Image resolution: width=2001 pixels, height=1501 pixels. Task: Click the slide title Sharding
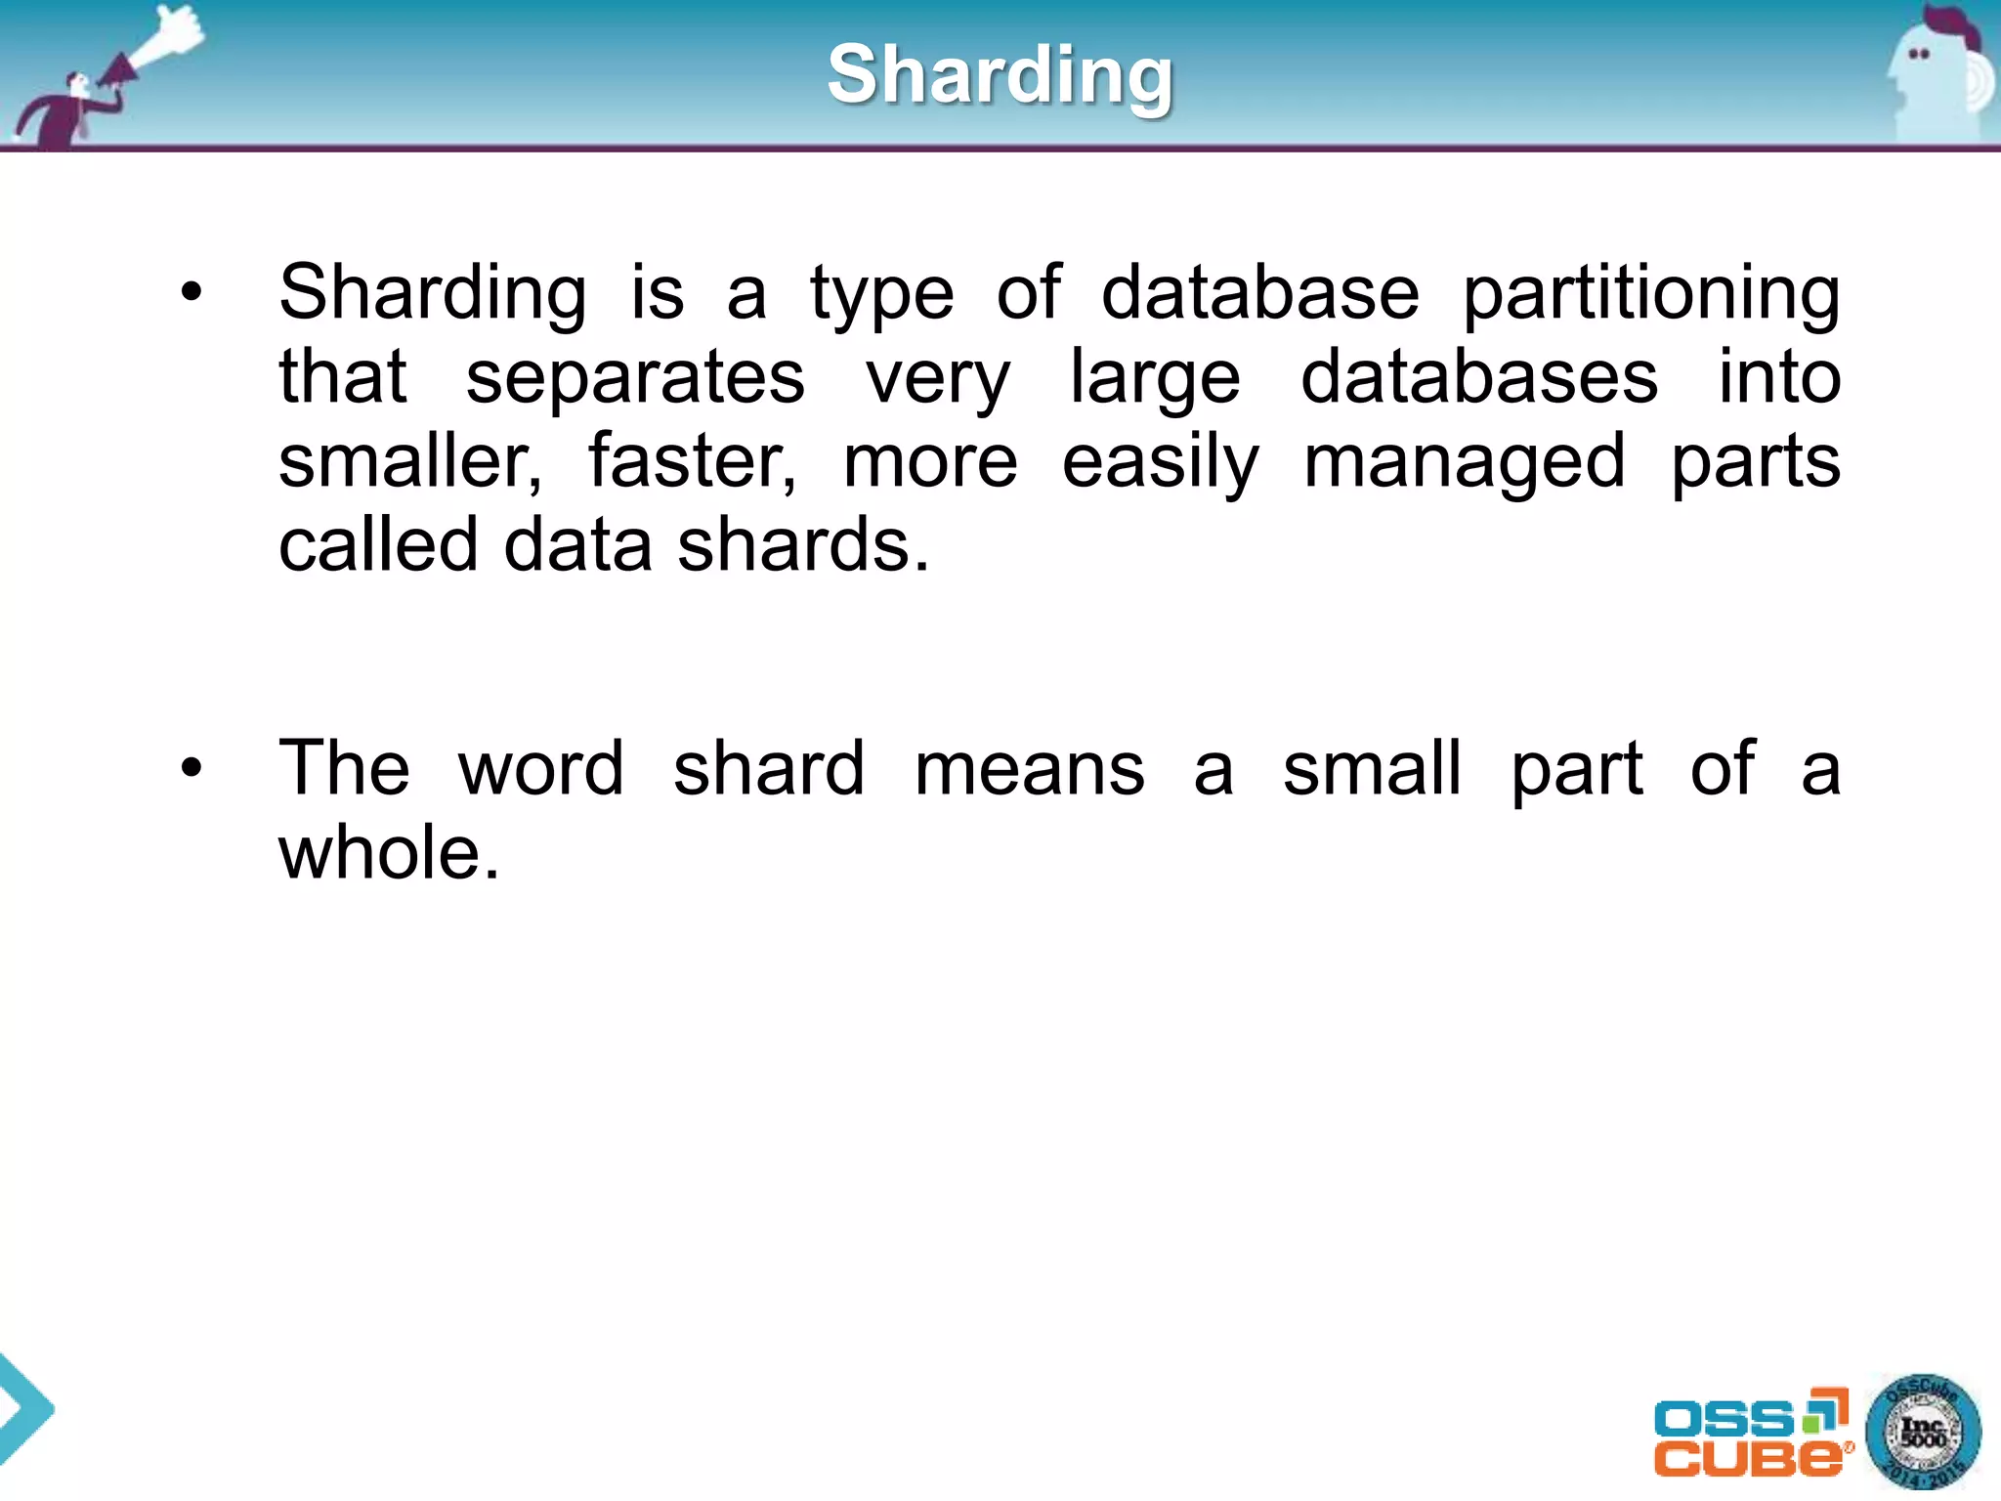coord(1000,75)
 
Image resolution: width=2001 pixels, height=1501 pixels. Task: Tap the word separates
coord(635,378)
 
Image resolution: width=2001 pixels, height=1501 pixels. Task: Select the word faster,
coord(692,461)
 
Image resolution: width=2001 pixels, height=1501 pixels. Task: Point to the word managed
coord(1465,463)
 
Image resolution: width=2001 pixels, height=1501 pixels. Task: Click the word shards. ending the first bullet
coord(803,545)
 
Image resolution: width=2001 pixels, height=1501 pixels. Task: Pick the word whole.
coord(389,852)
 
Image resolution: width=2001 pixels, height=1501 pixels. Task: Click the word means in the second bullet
coord(1029,769)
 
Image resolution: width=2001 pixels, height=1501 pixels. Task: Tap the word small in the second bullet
coord(1372,769)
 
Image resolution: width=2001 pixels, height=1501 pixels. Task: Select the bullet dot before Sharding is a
coord(192,292)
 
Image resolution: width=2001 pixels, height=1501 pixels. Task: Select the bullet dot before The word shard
coord(192,768)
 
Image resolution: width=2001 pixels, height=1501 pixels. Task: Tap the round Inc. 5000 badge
coord(1923,1433)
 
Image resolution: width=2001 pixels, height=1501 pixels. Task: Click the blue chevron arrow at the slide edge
coord(24,1408)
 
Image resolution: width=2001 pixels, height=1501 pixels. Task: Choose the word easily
coord(1160,463)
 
